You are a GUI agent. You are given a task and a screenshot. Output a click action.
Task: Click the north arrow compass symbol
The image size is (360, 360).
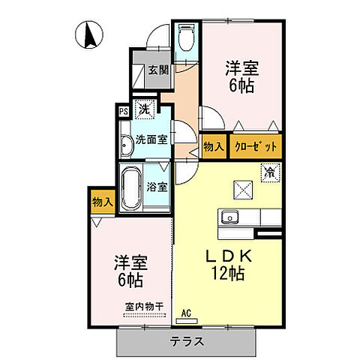coord(88,34)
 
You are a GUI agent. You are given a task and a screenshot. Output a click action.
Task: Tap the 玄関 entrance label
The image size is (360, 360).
coord(157,70)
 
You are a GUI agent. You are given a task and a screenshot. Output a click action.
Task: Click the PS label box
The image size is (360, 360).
coord(123,111)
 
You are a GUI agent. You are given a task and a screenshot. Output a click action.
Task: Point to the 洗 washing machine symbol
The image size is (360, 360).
coord(145,109)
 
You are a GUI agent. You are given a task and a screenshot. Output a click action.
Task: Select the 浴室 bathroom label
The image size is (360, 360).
coord(157,186)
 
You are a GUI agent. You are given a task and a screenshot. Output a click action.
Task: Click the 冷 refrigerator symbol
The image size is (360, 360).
coord(268,172)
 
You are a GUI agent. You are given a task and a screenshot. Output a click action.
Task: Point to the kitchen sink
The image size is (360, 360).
coord(229,218)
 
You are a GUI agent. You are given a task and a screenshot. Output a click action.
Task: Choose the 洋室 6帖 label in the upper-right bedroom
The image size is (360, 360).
coord(242,77)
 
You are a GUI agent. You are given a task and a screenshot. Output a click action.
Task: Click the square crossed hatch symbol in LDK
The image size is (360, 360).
coord(242,190)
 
